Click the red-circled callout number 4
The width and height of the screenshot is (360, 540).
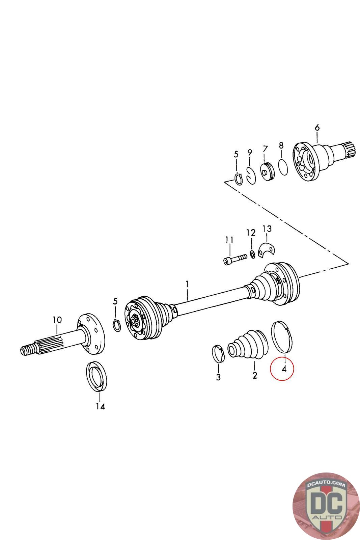coord(284,369)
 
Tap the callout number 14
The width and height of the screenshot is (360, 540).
coord(100,406)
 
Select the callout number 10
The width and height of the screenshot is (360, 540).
coord(57,320)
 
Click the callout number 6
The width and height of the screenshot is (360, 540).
coord(317,128)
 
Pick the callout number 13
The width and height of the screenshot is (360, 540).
coord(267,229)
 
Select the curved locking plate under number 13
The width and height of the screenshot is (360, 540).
coord(267,250)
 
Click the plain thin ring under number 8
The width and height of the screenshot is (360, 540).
coord(283,167)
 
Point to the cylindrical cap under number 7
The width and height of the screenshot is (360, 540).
coord(268,172)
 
